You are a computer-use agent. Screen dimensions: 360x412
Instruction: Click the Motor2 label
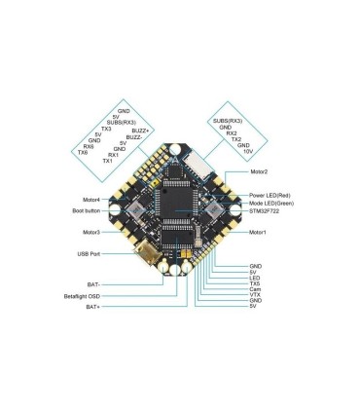click(259, 171)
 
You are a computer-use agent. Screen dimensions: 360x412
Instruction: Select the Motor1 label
click(258, 233)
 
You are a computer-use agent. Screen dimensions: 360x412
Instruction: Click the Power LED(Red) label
click(270, 195)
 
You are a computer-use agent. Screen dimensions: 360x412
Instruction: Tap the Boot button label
click(86, 209)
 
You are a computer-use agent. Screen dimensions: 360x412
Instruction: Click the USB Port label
click(90, 253)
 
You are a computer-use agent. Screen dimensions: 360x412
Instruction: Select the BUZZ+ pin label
click(140, 131)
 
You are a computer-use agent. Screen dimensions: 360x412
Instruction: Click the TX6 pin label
click(83, 153)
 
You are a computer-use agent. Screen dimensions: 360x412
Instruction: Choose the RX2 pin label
click(233, 133)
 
